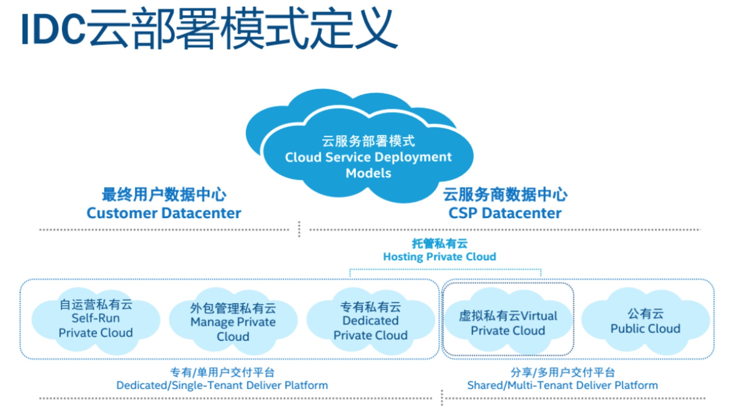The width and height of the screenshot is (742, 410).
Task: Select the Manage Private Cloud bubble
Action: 233,322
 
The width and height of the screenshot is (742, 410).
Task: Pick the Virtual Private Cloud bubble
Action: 508,323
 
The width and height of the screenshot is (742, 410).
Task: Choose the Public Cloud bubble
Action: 645,321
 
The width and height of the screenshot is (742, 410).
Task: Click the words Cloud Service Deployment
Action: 368,157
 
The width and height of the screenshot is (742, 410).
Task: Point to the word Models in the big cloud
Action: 368,173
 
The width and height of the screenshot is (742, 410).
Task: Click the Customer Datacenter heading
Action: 164,213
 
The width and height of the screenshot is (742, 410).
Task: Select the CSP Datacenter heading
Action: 505,213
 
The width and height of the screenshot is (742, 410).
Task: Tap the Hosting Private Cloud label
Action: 440,257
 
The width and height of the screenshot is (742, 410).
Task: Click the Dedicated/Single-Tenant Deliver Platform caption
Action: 222,385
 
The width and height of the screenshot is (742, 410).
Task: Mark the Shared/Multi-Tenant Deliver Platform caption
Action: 562,385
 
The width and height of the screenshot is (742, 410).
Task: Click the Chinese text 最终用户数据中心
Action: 164,194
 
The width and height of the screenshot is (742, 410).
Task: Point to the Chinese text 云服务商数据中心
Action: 505,194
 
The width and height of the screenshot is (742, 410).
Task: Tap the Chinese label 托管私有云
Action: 440,244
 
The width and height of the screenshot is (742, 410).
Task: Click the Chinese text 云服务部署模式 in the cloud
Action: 368,141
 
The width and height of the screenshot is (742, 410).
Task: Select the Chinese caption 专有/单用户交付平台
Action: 222,372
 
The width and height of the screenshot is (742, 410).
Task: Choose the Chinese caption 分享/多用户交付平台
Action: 562,372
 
